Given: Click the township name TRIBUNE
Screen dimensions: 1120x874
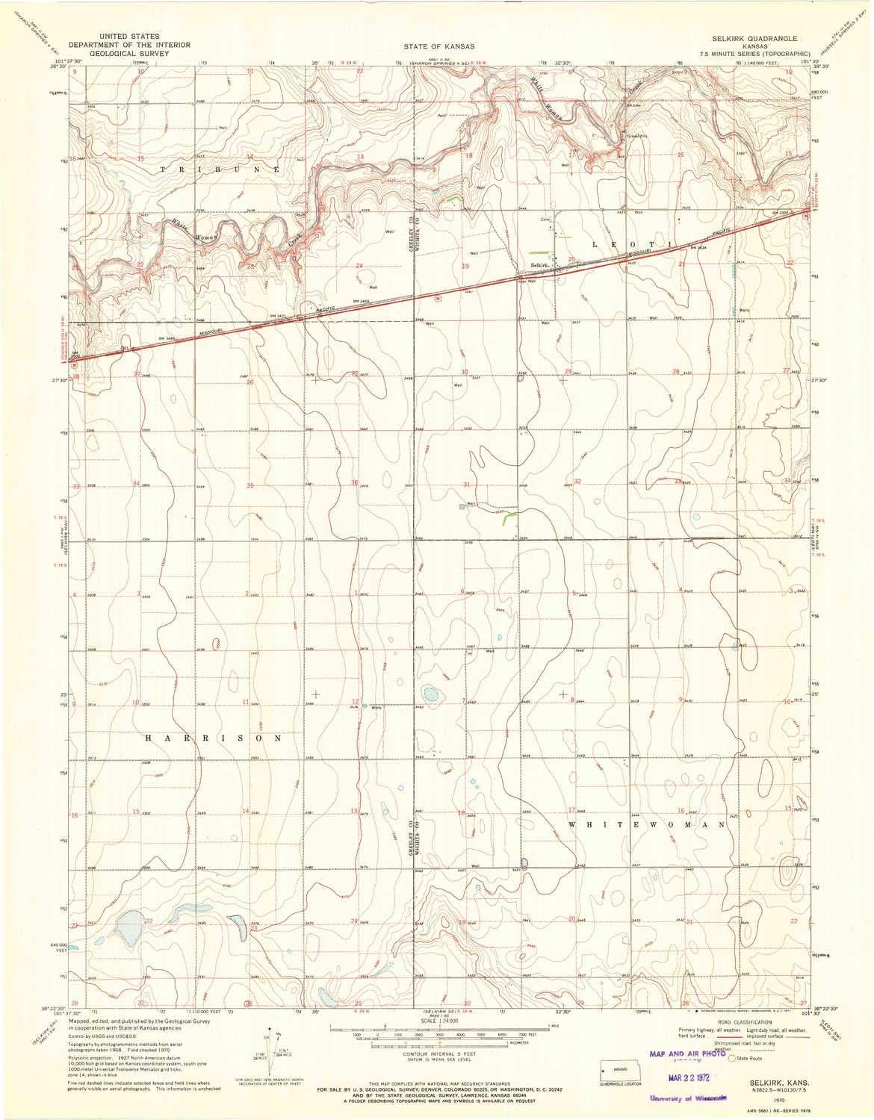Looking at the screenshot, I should (220, 170).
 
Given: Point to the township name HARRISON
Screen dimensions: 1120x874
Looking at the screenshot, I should (214, 737).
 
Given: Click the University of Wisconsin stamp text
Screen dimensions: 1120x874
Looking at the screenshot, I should (689, 1098).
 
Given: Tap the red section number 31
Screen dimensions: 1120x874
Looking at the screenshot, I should (466, 485).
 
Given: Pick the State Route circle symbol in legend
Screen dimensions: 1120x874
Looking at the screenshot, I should (734, 1057).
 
